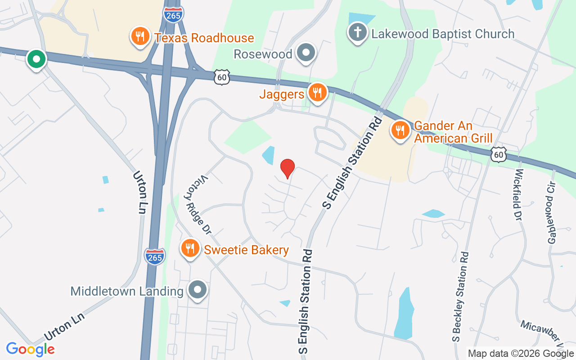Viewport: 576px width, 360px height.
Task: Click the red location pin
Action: pyautogui.click(x=288, y=168)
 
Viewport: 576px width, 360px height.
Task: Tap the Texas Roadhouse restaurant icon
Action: pyautogui.click(x=140, y=36)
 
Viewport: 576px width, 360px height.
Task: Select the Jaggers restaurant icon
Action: pyautogui.click(x=318, y=93)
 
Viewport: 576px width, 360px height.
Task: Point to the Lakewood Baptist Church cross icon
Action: pyautogui.click(x=357, y=33)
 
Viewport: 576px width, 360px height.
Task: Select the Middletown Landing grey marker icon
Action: pyautogui.click(x=198, y=290)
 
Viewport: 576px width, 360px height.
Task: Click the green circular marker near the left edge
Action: pyautogui.click(x=36, y=59)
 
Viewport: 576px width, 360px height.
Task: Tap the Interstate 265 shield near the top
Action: pyautogui.click(x=173, y=14)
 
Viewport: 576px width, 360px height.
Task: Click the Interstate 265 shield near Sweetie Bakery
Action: pyautogui.click(x=155, y=256)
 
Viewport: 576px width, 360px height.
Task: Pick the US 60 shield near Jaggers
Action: pyautogui.click(x=222, y=77)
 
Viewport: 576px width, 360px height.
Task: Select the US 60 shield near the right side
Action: pyautogui.click(x=499, y=154)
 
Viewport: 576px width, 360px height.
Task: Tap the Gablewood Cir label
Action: pyautogui.click(x=552, y=213)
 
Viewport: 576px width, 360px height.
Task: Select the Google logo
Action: pyautogui.click(x=30, y=349)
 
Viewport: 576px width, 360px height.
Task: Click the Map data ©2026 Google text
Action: pyautogui.click(x=521, y=353)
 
